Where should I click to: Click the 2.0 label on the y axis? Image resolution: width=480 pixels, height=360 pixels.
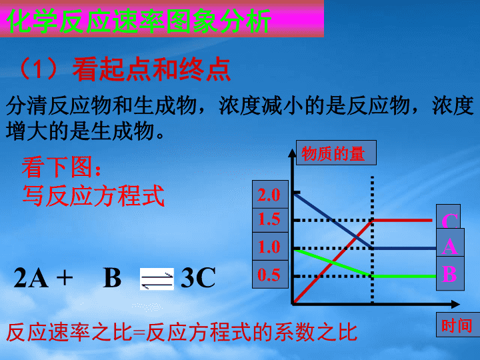click(x=269, y=195)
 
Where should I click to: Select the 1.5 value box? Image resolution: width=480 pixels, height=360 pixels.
click(x=270, y=220)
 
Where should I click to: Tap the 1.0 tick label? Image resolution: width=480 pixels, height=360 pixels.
click(x=269, y=247)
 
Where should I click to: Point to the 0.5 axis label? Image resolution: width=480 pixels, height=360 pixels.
click(x=269, y=275)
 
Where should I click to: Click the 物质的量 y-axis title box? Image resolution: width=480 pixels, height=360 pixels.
click(x=336, y=153)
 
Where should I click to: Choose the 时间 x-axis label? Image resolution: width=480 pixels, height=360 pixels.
click(x=457, y=325)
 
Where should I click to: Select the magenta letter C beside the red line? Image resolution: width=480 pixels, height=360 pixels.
click(x=450, y=221)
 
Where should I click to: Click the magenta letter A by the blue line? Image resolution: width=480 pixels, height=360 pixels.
click(x=450, y=246)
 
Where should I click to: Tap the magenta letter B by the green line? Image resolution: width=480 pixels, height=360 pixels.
click(x=449, y=274)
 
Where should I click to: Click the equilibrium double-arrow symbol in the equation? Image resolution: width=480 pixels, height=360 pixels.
click(x=157, y=279)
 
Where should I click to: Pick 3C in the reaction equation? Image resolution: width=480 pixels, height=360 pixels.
click(x=198, y=277)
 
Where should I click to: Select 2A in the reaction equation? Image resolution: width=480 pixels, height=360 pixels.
click(x=31, y=277)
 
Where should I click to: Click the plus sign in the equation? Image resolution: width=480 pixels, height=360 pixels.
click(x=65, y=278)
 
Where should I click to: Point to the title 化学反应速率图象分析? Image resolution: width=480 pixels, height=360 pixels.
click(x=139, y=21)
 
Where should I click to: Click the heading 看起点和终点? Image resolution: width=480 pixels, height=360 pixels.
click(x=151, y=69)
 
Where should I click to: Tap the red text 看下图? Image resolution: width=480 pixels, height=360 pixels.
click(x=61, y=167)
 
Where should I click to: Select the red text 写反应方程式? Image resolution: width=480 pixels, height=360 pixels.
click(x=93, y=196)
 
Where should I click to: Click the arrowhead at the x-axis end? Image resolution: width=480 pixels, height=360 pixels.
click(x=455, y=304)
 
